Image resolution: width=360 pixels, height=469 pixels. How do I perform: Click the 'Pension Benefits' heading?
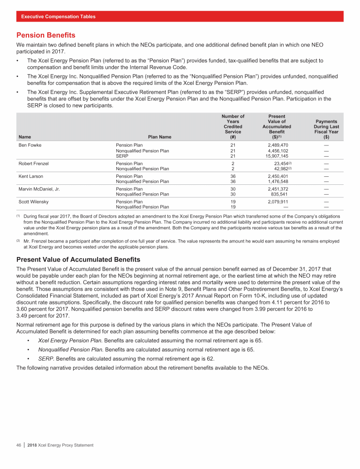pyautogui.click(x=45, y=35)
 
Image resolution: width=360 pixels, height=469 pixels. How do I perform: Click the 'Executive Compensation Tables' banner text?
pyautogui.click(x=58, y=16)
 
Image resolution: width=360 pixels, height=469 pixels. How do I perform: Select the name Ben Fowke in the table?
pyautogui.click(x=30, y=145)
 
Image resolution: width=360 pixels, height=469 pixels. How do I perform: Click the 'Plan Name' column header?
pyautogui.click(x=159, y=137)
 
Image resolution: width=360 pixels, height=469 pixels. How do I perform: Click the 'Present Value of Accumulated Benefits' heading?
pyautogui.click(x=78, y=259)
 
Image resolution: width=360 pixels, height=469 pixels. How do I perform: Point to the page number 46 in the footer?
pyautogui.click(x=19, y=445)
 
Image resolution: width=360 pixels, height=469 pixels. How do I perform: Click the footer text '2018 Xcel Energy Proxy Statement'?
pyautogui.click(x=60, y=445)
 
